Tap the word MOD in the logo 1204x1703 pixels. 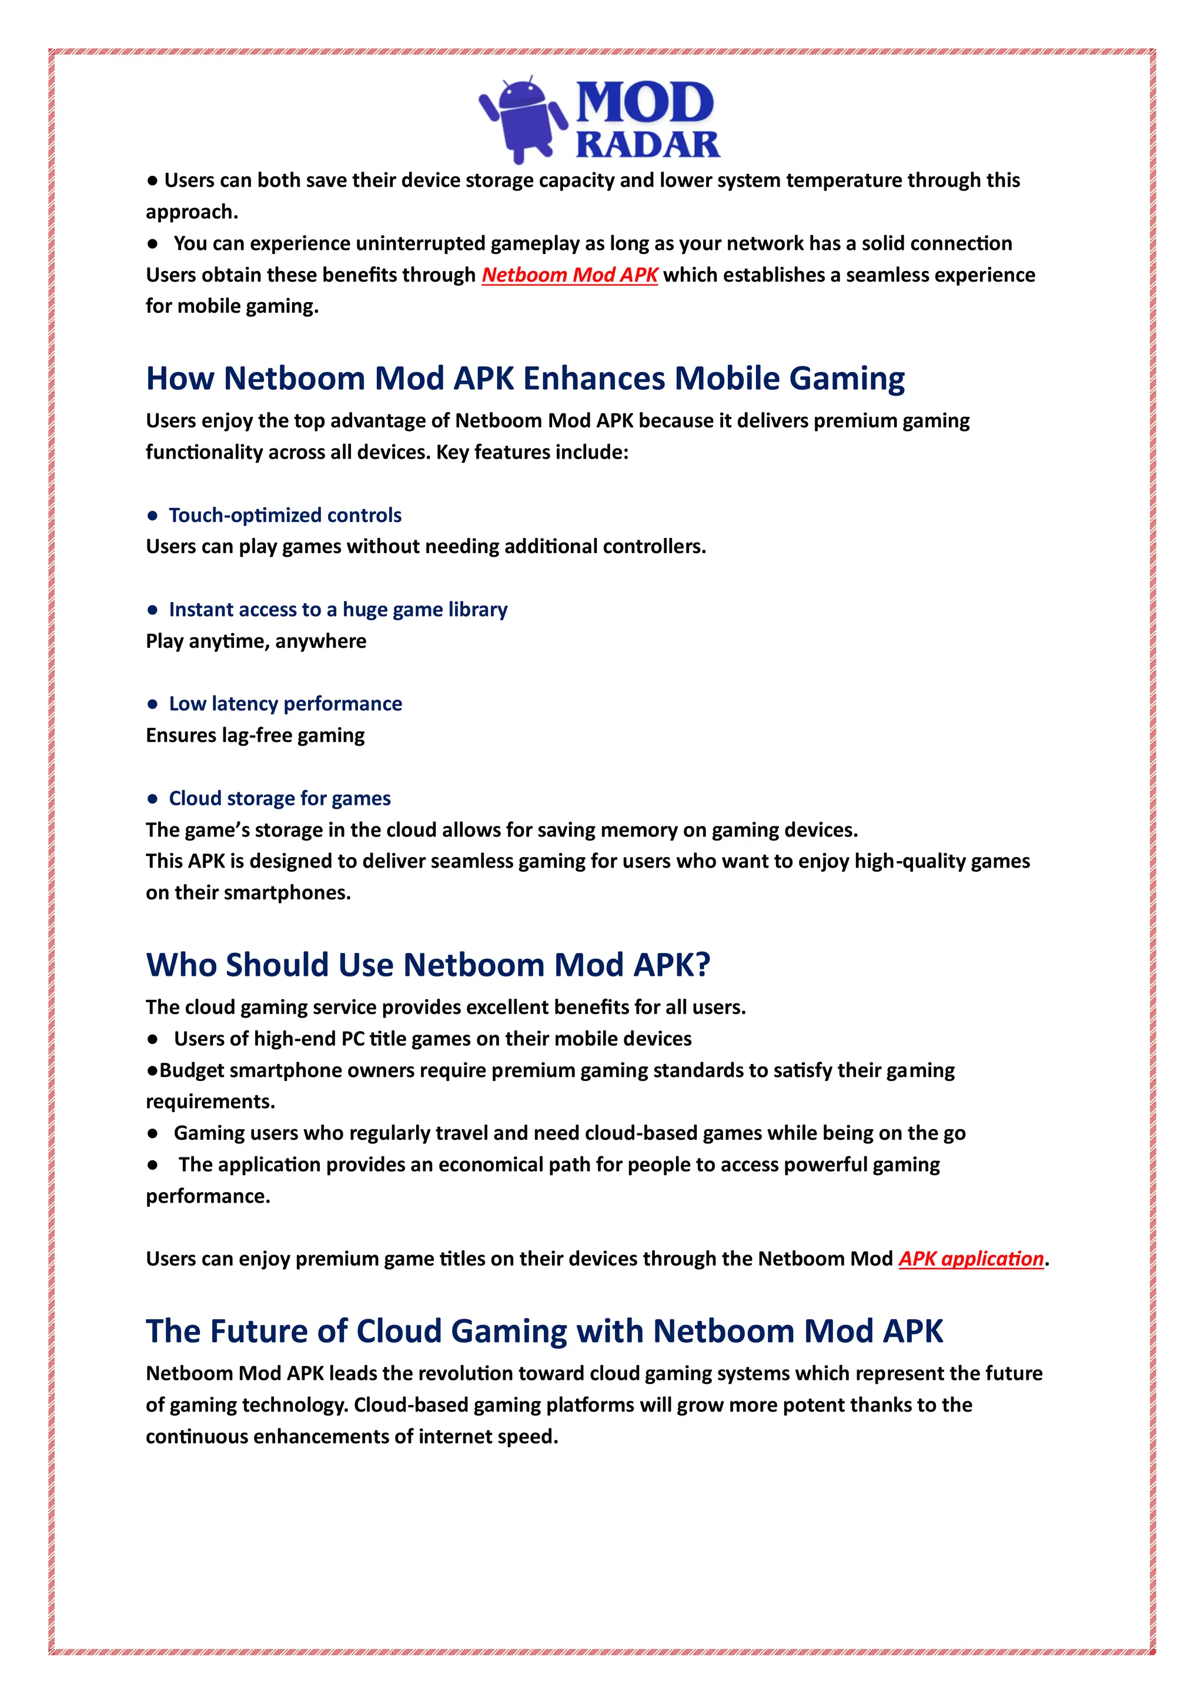(x=644, y=102)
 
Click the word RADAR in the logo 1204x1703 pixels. (x=648, y=145)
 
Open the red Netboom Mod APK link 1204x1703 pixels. (x=569, y=275)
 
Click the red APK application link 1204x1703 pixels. (x=971, y=1259)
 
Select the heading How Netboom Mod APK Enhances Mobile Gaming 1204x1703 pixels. (x=524, y=378)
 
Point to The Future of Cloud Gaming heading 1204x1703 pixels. (x=544, y=1331)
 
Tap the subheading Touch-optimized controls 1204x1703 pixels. (x=285, y=515)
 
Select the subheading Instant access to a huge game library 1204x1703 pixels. (x=337, y=610)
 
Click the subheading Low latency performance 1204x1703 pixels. (x=285, y=704)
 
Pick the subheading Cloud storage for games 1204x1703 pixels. (x=280, y=798)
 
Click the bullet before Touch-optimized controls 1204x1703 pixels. (x=153, y=516)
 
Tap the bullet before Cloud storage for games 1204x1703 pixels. (x=153, y=799)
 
